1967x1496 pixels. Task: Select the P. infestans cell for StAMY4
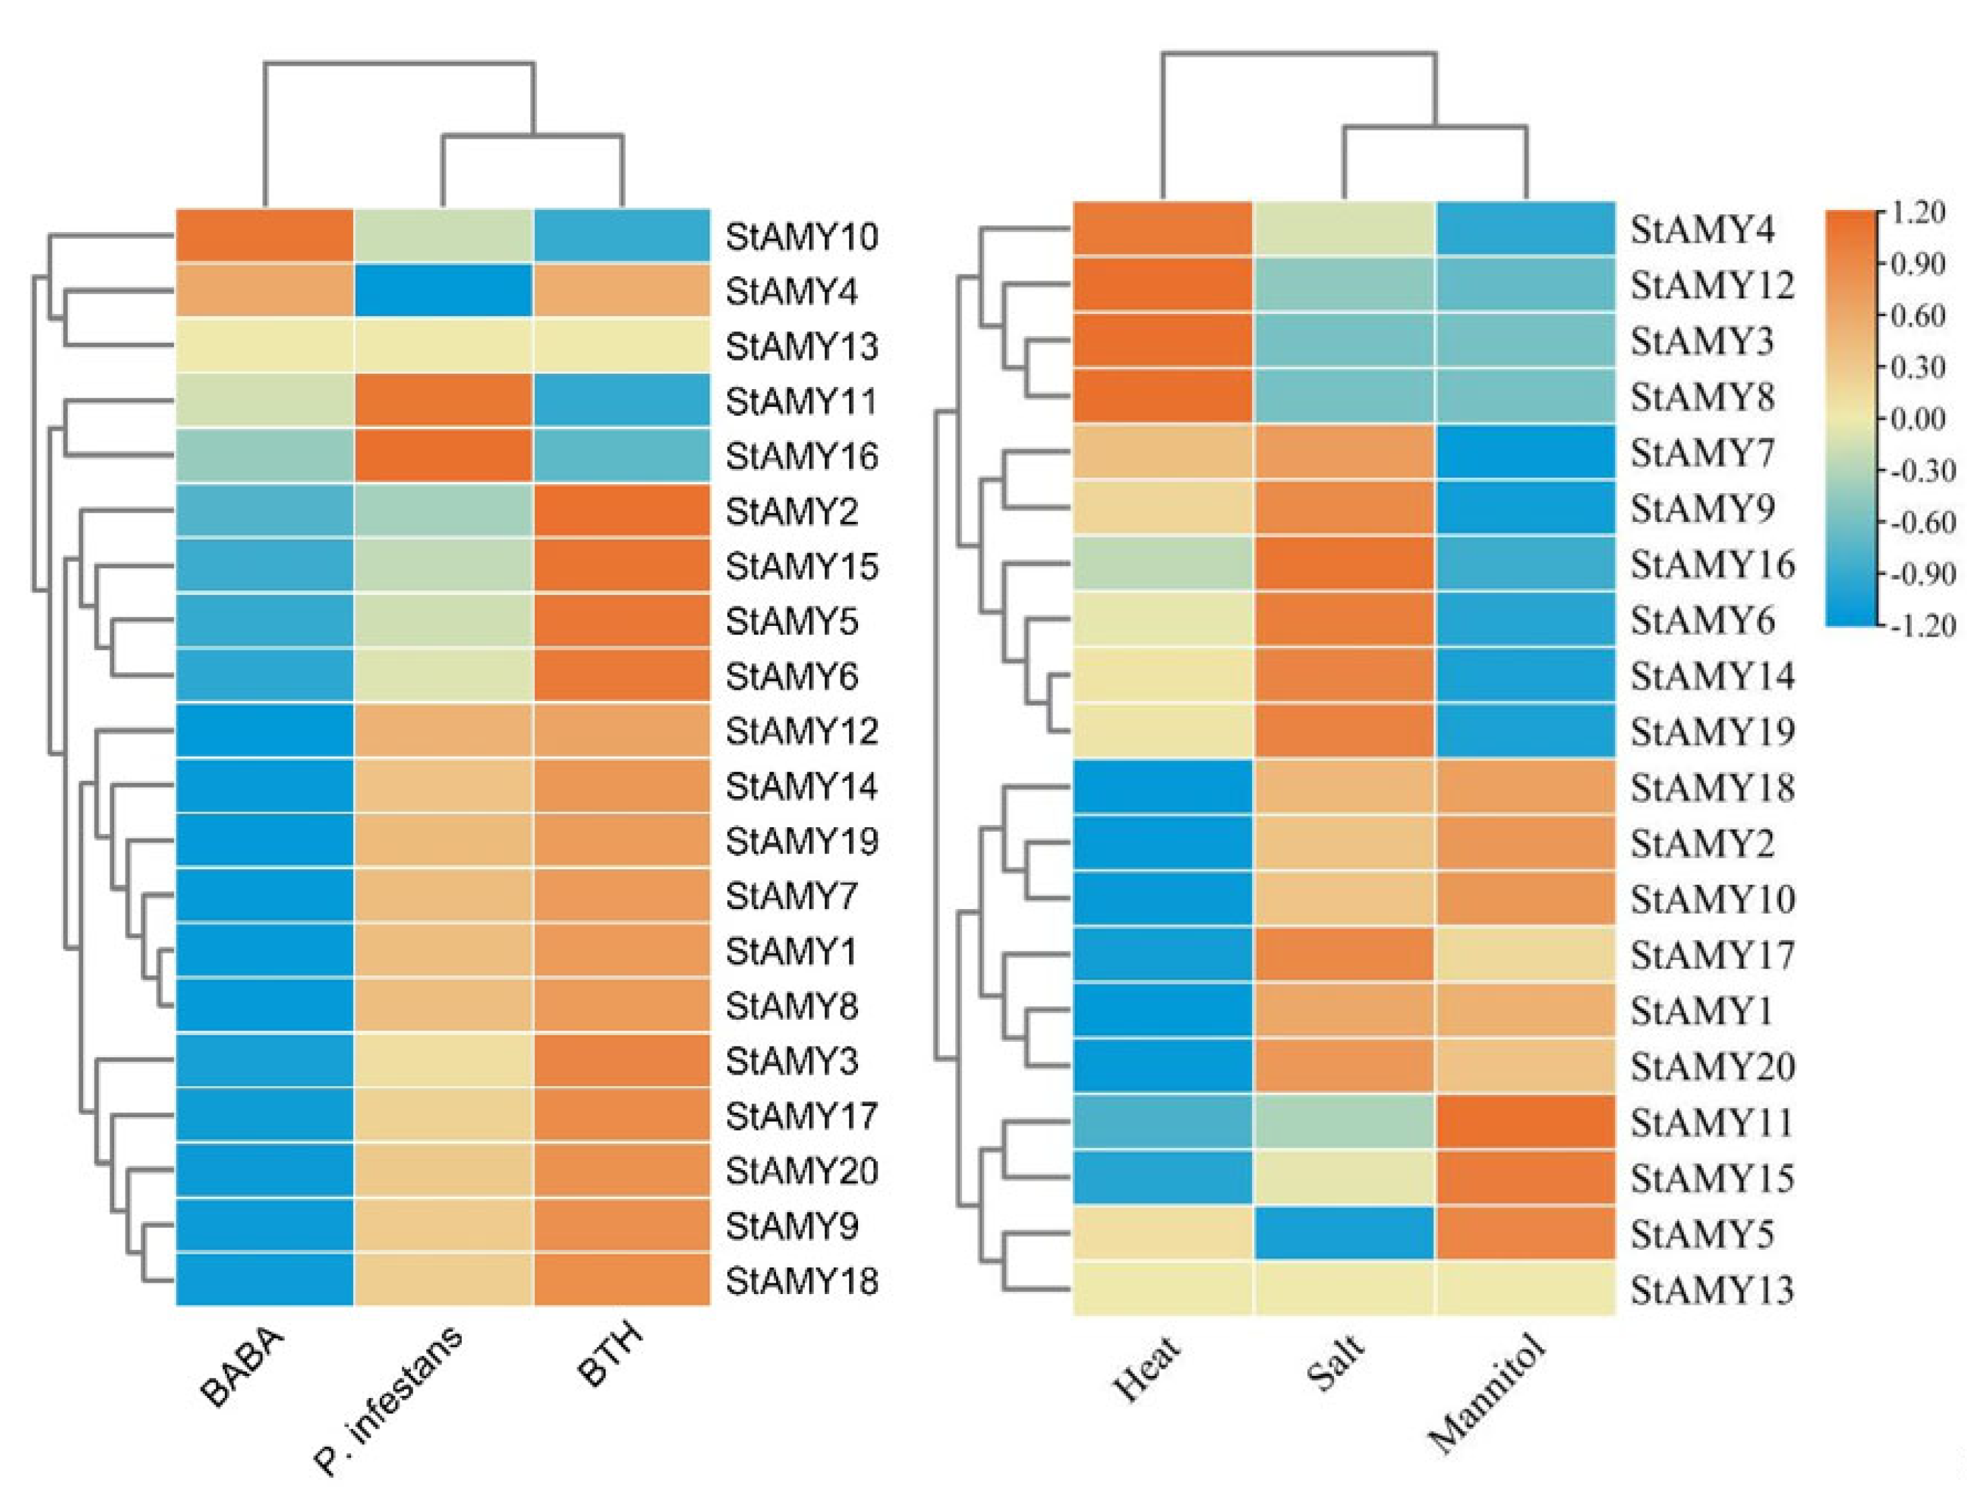tap(443, 290)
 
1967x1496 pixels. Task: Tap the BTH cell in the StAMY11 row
tap(622, 400)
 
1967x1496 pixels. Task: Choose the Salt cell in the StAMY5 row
tap(1343, 1233)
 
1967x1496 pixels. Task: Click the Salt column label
tap(1334, 1363)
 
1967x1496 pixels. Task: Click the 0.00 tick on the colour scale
tap(1916, 419)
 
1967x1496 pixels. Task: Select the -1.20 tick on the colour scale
tap(1915, 625)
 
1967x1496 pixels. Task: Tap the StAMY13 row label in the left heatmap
tap(802, 346)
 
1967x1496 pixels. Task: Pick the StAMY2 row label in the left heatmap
tap(791, 511)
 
